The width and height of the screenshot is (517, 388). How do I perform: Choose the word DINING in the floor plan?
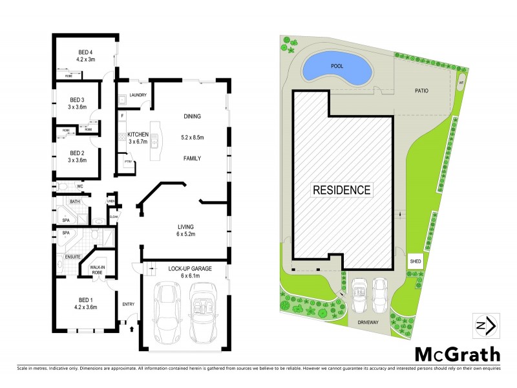(x=193, y=116)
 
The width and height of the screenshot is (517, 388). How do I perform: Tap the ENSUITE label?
(x=72, y=257)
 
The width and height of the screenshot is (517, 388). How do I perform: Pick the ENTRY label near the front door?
(x=129, y=303)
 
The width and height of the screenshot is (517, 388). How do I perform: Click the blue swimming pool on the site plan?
(x=337, y=67)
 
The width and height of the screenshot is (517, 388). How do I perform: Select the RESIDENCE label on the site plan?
(x=342, y=190)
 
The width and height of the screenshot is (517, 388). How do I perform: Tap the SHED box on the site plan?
(x=415, y=262)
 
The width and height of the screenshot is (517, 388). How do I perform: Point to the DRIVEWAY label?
(x=366, y=321)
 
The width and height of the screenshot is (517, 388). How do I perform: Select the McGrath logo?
(x=456, y=354)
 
